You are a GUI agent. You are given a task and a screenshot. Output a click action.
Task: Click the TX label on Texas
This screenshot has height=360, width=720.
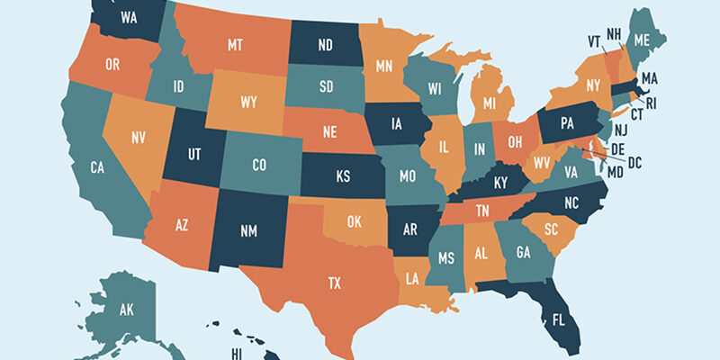[x=334, y=283]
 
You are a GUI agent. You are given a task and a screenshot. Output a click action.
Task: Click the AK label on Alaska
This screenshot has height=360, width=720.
[x=126, y=311]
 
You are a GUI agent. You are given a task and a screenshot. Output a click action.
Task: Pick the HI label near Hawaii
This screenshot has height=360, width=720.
[x=238, y=354]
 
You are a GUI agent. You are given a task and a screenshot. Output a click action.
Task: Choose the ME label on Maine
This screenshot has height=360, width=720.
[x=642, y=40]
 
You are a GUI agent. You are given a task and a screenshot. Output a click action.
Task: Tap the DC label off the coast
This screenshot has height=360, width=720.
[x=634, y=162]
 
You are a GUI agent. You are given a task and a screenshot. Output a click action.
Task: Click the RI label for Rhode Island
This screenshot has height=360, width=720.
[x=651, y=104]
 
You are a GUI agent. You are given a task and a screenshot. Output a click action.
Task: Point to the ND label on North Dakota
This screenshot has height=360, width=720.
[x=327, y=43]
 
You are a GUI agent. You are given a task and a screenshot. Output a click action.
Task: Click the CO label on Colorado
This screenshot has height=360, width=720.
[x=259, y=165]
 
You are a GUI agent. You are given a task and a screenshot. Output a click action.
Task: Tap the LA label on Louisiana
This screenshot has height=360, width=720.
[x=413, y=276]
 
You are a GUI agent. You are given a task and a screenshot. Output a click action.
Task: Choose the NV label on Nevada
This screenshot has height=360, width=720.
[x=139, y=138]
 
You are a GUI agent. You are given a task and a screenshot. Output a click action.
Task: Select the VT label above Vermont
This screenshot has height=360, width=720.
[x=594, y=40]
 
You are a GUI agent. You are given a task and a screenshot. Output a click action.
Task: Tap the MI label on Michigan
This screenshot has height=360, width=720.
[x=490, y=103]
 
